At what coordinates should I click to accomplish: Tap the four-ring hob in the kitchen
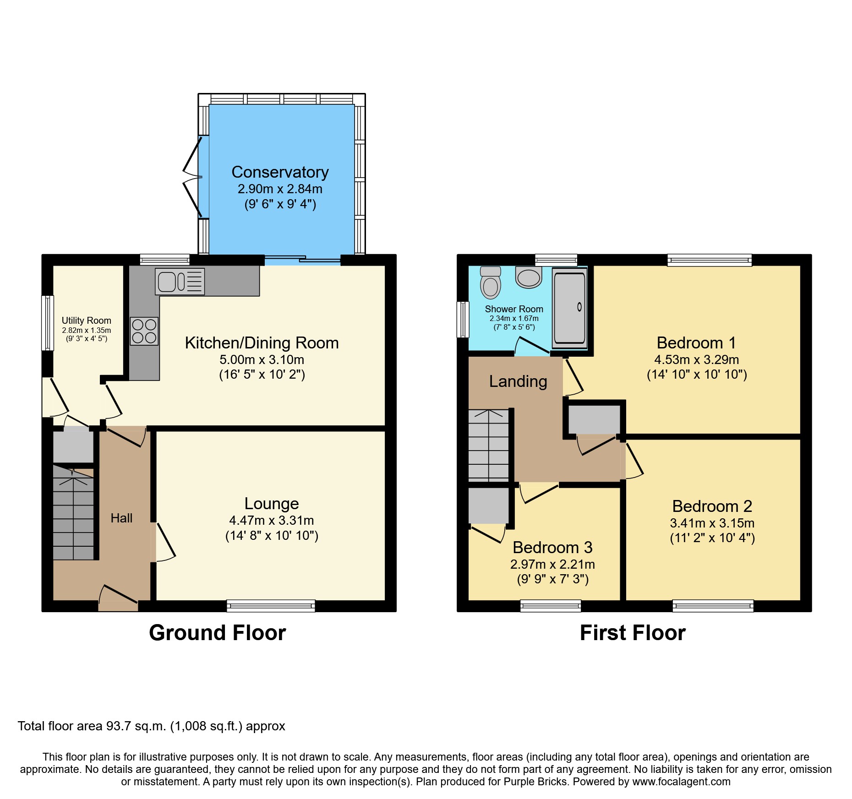(144, 331)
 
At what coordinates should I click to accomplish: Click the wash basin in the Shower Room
(529, 277)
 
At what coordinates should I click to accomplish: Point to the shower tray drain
(579, 307)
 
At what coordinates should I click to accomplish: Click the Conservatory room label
(280, 172)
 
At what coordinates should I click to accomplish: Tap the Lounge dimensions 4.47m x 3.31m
(271, 520)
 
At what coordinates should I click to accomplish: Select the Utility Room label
(86, 321)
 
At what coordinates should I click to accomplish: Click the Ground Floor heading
(217, 633)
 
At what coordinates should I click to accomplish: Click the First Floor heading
(633, 633)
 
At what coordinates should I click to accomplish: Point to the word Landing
(518, 381)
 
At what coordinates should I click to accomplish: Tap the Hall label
(121, 518)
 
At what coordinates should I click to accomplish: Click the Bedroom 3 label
(552, 547)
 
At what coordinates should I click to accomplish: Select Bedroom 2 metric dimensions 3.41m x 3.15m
(712, 523)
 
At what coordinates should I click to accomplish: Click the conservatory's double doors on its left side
(192, 177)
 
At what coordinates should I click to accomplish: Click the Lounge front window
(271, 606)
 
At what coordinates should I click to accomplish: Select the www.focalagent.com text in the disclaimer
(681, 782)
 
